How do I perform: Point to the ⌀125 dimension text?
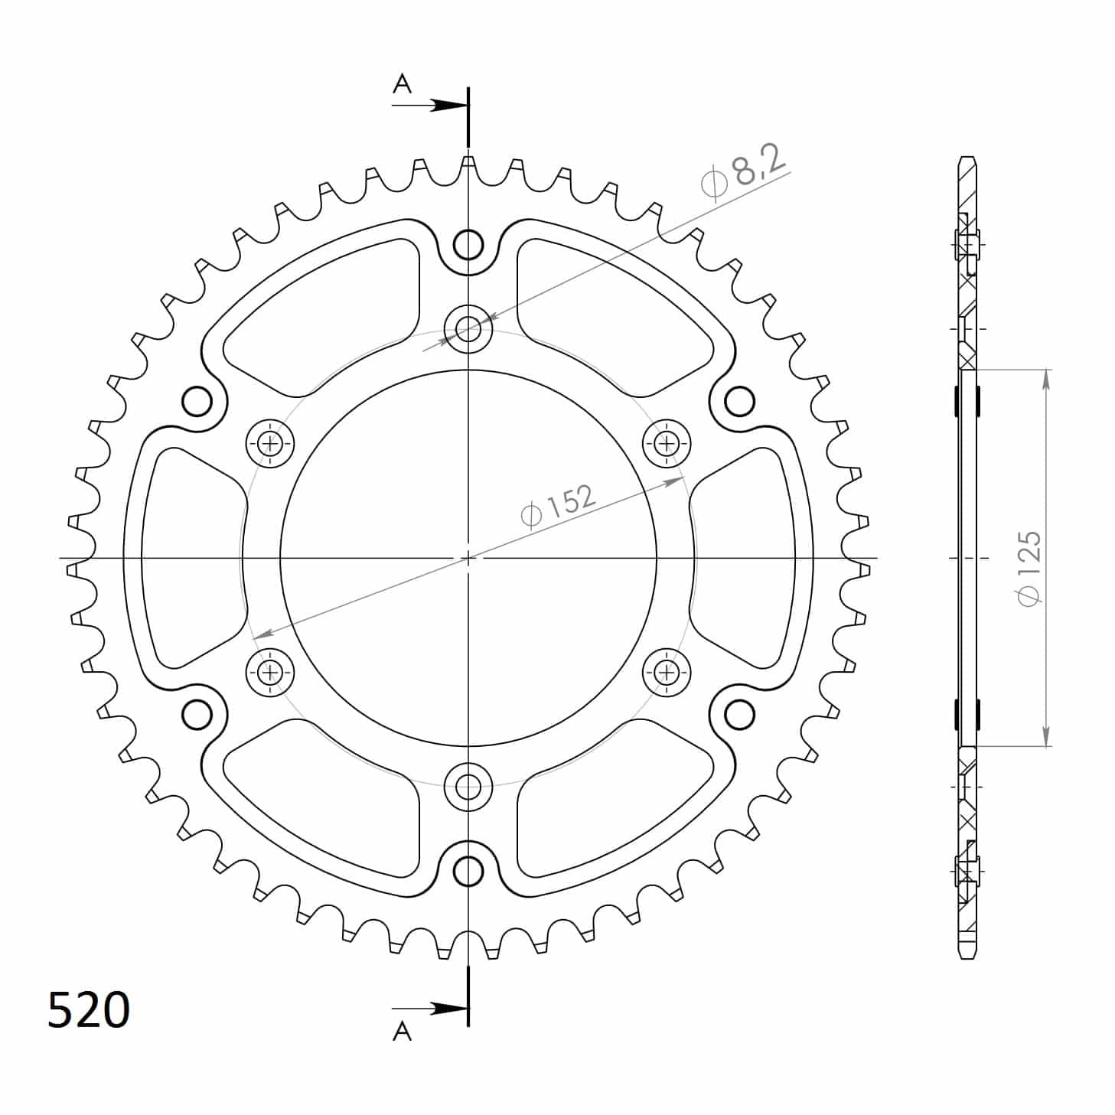click(1031, 568)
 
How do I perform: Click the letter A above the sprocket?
click(402, 84)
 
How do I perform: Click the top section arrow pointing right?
click(429, 106)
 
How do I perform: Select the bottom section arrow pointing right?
click(429, 1009)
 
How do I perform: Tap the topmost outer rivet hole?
click(468, 245)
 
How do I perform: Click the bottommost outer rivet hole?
click(468, 869)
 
